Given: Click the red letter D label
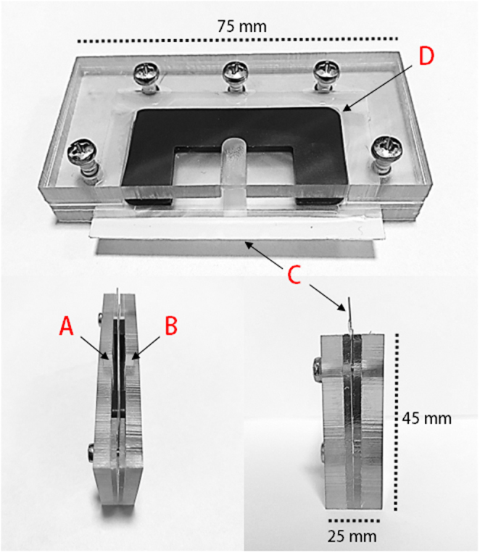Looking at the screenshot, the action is click(x=426, y=57).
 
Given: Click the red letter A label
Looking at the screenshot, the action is click(x=67, y=325).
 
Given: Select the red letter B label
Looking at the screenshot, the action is click(x=171, y=325).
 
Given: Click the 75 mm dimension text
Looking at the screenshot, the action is click(x=241, y=26).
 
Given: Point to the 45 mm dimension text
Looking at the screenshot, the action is click(x=426, y=418).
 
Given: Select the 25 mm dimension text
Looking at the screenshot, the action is click(x=352, y=536).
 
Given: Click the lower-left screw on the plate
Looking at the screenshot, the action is click(x=83, y=157).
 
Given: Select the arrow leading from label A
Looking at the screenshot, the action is click(x=94, y=348).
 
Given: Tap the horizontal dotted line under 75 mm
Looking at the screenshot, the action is click(x=238, y=40).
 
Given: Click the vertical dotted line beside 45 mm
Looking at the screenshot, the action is click(x=397, y=422).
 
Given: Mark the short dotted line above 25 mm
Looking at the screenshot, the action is click(x=354, y=520).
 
